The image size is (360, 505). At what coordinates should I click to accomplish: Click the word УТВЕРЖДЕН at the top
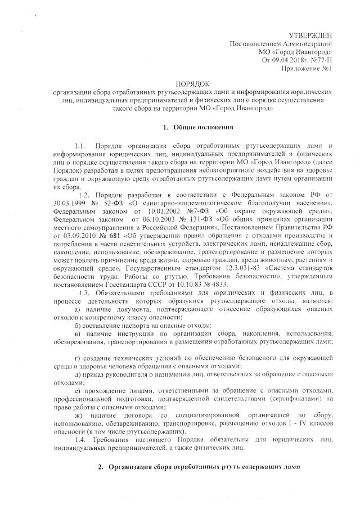tap(310, 35)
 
